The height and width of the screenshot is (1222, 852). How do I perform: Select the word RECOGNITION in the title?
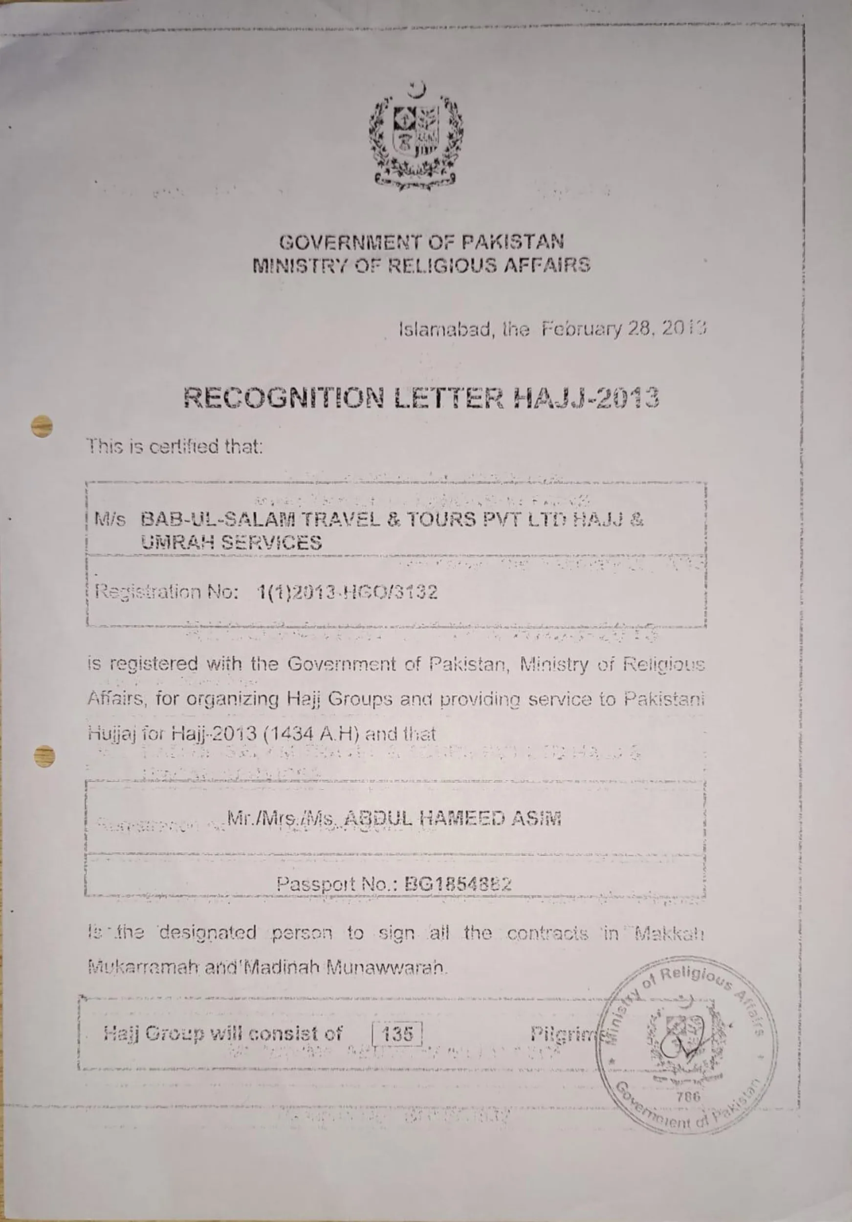click(x=284, y=398)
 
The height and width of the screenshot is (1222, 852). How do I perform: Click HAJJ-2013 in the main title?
click(x=586, y=398)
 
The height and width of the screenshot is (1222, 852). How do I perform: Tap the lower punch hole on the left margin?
click(x=44, y=755)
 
